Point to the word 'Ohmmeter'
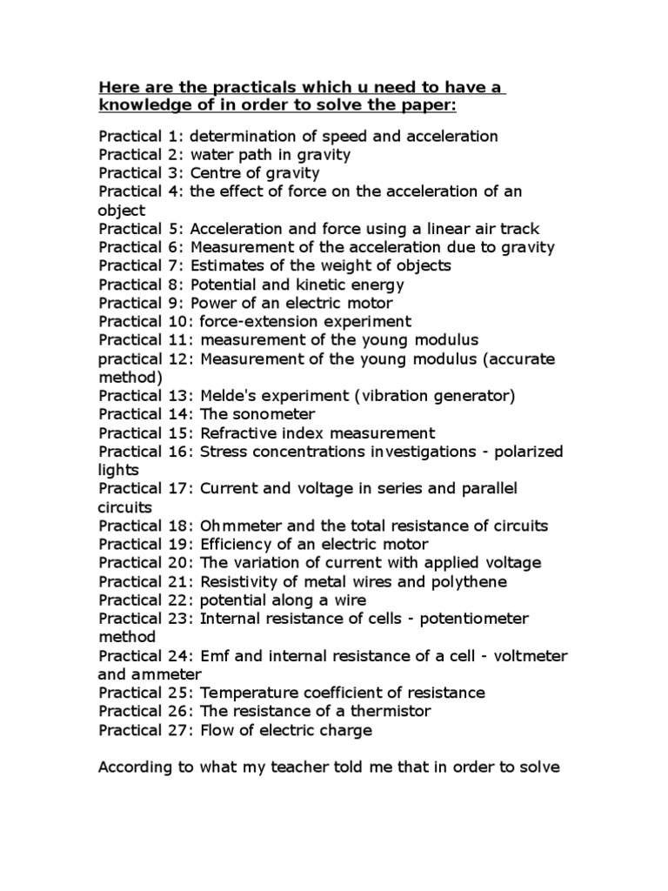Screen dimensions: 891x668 (x=237, y=526)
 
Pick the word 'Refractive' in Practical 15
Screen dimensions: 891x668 (x=237, y=432)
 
